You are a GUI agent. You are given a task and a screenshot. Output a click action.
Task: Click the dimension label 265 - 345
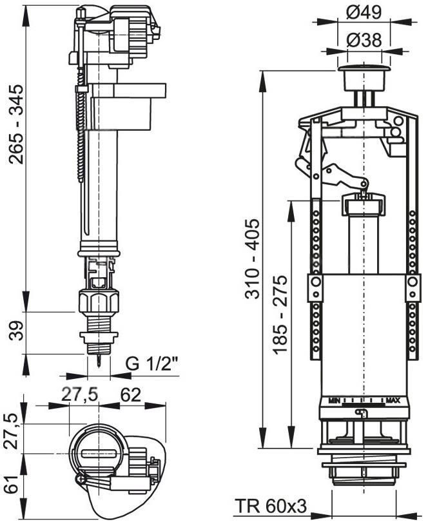16,124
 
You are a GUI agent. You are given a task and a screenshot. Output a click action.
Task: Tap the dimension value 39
16,331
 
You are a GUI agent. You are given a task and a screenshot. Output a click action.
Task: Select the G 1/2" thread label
152,364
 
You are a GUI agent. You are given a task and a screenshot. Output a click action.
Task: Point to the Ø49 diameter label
364,13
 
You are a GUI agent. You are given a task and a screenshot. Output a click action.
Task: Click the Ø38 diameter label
364,40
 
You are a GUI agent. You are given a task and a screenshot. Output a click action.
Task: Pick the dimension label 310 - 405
252,258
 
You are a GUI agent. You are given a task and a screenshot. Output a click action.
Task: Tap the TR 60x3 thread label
271,506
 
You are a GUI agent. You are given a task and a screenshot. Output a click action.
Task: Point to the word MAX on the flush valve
393,400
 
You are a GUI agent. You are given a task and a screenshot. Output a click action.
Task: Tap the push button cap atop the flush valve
364,77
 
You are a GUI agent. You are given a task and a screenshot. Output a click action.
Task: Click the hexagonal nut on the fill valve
99,302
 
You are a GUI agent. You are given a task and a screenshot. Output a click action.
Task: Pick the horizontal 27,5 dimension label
79,395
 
